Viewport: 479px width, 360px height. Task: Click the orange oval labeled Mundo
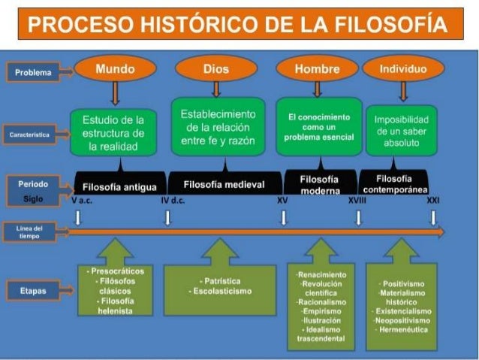click(x=115, y=70)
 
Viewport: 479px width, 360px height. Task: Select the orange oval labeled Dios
click(x=215, y=70)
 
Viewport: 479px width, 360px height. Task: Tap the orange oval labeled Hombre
click(x=317, y=70)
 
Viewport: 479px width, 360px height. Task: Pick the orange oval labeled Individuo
click(x=403, y=69)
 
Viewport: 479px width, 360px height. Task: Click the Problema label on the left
click(x=34, y=73)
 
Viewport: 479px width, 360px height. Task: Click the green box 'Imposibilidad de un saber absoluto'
click(x=402, y=131)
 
